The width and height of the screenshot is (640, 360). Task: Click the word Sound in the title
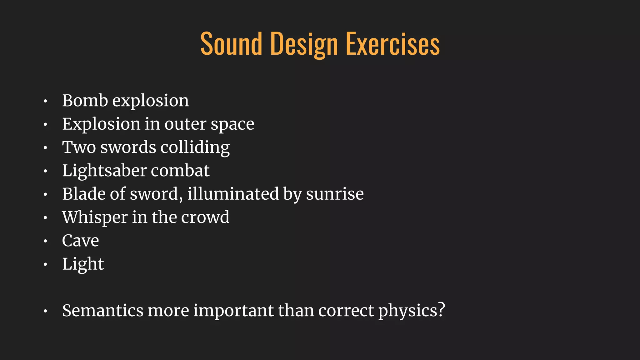231,44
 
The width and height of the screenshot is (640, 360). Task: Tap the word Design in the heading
304,44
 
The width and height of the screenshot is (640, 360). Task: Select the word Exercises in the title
393,44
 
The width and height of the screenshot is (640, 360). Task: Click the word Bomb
85,101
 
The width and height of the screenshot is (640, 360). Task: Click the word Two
79,147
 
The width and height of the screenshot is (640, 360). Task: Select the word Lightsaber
104,171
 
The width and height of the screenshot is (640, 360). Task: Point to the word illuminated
233,194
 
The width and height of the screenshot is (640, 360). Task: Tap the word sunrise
335,194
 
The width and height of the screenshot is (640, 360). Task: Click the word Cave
80,241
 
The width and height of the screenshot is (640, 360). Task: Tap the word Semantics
103,311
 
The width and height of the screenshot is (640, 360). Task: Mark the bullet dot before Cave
45,241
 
